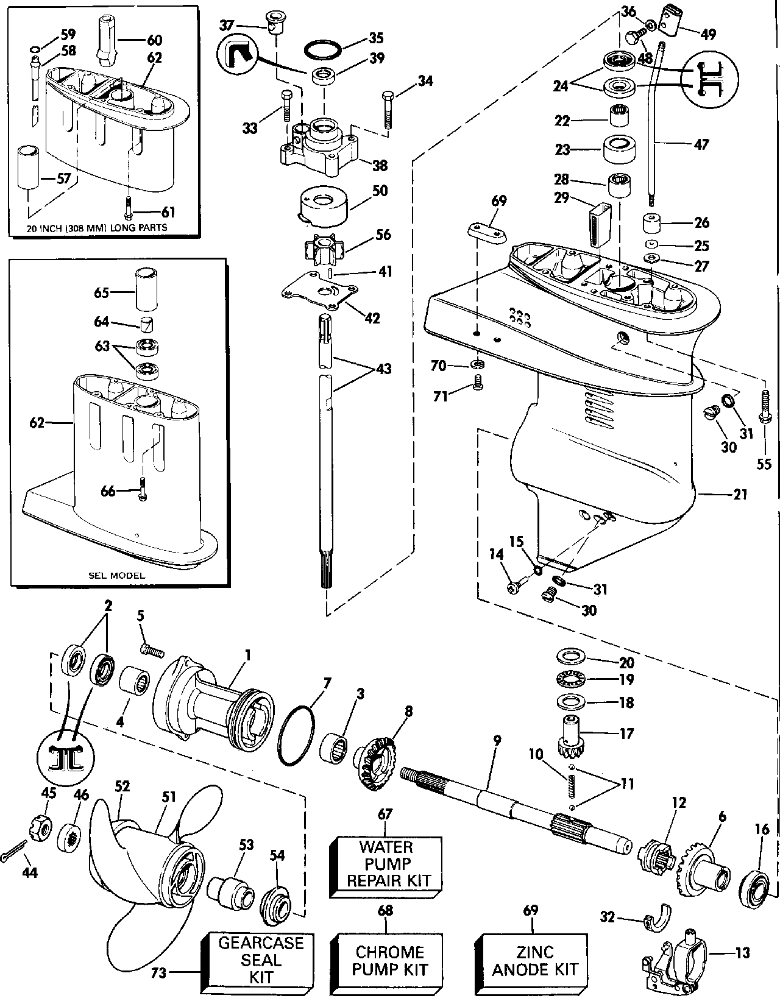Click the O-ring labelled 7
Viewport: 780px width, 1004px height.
click(x=296, y=734)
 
